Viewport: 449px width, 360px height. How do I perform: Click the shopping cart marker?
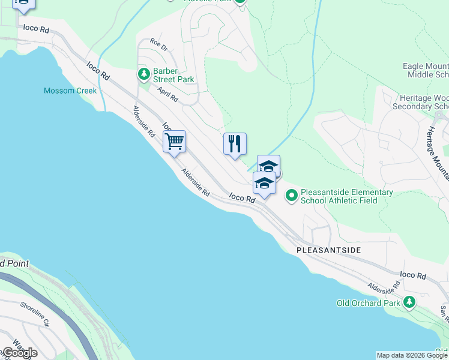click(174, 142)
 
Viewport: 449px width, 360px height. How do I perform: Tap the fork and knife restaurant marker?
click(235, 144)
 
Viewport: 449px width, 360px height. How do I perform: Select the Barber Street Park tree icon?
click(143, 74)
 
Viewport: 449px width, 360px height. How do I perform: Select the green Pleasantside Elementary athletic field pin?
click(292, 195)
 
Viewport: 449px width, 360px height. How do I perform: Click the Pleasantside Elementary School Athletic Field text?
click(347, 196)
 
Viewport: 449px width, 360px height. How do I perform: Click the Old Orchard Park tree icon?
click(409, 302)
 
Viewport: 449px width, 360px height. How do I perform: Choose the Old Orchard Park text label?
click(368, 303)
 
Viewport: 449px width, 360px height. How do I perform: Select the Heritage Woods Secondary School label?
click(420, 102)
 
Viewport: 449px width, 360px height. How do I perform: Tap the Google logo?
click(19, 352)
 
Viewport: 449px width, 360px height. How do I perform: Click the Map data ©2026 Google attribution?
click(411, 355)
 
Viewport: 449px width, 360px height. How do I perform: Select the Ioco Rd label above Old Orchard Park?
click(412, 275)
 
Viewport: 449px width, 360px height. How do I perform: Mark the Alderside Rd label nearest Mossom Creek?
click(144, 120)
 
